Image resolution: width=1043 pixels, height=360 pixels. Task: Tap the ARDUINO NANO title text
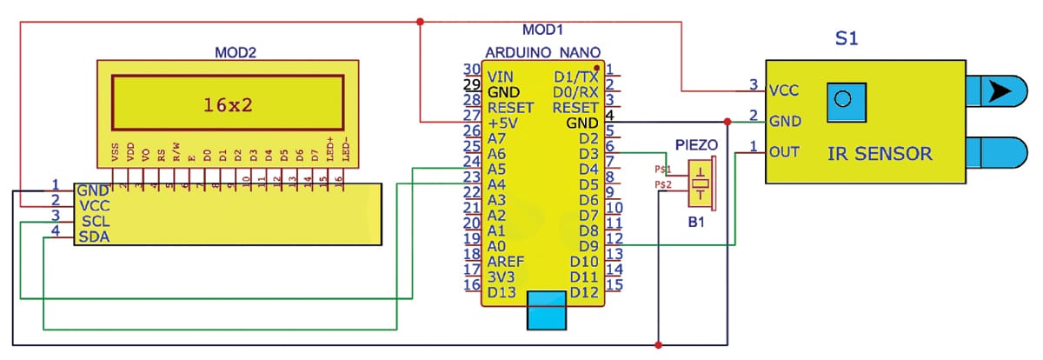535,52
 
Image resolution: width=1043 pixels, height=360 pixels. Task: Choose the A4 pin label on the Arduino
497,184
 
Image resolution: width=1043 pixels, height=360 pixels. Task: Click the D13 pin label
503,292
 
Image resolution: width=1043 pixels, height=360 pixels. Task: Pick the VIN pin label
502,77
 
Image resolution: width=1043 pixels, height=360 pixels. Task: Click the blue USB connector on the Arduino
547,311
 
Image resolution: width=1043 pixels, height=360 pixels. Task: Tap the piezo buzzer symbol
700,183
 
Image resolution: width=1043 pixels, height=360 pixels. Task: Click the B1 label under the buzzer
698,223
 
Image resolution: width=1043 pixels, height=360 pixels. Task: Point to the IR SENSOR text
879,155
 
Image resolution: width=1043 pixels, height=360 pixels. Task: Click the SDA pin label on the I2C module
93,237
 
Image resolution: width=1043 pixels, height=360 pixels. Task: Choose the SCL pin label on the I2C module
93,222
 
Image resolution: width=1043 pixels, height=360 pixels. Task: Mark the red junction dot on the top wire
420,21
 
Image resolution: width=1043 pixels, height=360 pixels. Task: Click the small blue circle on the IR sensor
839,99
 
